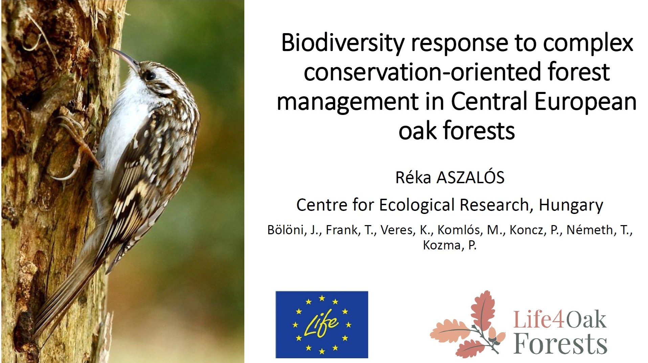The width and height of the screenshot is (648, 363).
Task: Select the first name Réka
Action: pyautogui.click(x=413, y=178)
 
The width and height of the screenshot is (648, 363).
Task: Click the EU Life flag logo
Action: pyautogui.click(x=322, y=324)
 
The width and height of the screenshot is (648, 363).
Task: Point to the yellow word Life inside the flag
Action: pyautogui.click(x=322, y=324)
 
